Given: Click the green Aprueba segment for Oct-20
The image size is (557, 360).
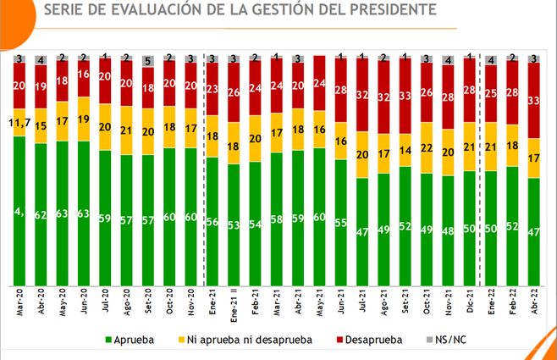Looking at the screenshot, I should [x=170, y=216].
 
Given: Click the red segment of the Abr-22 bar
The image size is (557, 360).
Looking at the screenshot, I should [x=534, y=101].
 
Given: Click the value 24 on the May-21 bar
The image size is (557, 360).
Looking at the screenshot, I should [x=320, y=84].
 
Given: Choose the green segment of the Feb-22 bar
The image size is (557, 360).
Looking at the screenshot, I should [x=513, y=225].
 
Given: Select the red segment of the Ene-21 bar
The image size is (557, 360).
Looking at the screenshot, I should [x=213, y=89].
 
